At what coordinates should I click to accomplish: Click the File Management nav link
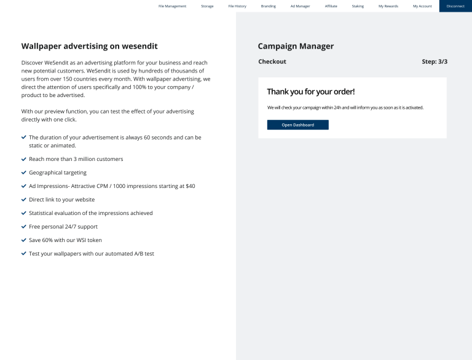tap(172, 6)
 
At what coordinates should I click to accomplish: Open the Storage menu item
tap(207, 6)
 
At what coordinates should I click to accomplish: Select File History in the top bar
tap(237, 6)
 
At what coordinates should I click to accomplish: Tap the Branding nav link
tap(268, 6)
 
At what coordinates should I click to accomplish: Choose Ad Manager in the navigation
tap(300, 6)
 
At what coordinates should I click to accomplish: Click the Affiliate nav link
tap(331, 6)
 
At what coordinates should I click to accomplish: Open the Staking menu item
tap(358, 6)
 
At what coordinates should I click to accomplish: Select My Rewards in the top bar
tap(388, 6)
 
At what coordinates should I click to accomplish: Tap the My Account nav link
tap(422, 6)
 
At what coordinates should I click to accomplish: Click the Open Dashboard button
tap(297, 125)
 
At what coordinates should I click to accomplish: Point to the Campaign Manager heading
tap(296, 46)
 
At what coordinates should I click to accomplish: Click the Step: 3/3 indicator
tap(435, 61)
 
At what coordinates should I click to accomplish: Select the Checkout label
tap(272, 61)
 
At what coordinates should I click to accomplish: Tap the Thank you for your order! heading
tap(310, 92)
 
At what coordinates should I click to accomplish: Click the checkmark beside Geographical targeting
tap(24, 173)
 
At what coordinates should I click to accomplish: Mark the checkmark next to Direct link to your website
tap(24, 200)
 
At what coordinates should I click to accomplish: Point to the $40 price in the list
tap(189, 186)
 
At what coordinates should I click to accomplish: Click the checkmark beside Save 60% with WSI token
tap(24, 240)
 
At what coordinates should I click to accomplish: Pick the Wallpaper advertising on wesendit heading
tap(90, 46)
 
